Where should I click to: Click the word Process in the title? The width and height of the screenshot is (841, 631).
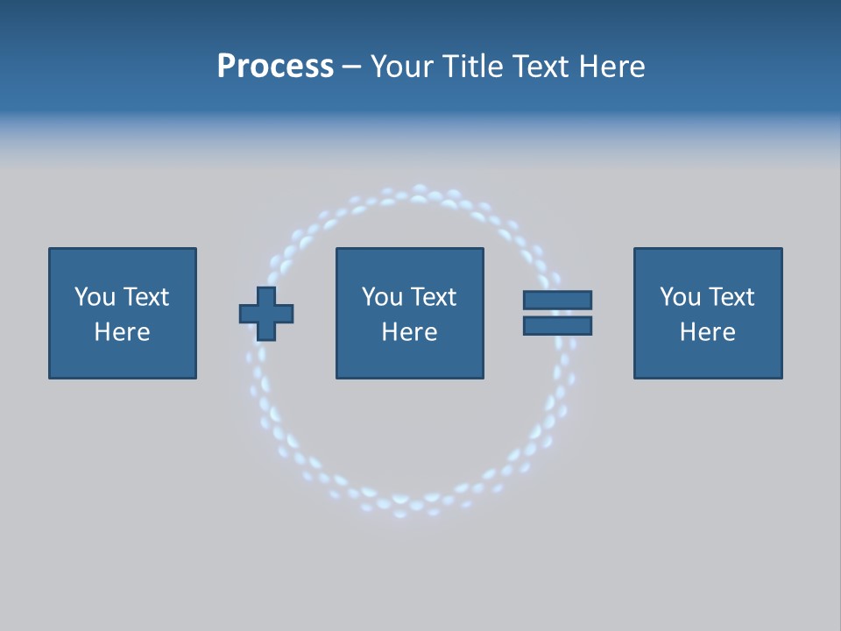pyautogui.click(x=275, y=67)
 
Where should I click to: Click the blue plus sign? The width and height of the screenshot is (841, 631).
pyautogui.click(x=266, y=314)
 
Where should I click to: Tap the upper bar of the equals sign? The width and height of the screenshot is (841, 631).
pyautogui.click(x=557, y=300)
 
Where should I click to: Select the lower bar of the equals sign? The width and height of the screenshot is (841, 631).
pyautogui.click(x=557, y=326)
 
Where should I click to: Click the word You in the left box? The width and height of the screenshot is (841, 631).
pyautogui.click(x=94, y=297)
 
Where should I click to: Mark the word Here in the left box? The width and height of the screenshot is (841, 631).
pyautogui.click(x=122, y=332)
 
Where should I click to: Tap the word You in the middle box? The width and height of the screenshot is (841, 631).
pyautogui.click(x=381, y=297)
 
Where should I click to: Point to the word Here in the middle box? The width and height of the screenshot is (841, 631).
pyautogui.click(x=409, y=332)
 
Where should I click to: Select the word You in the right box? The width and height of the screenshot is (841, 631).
pyautogui.click(x=679, y=297)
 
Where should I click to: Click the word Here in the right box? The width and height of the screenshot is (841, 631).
pyautogui.click(x=707, y=332)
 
